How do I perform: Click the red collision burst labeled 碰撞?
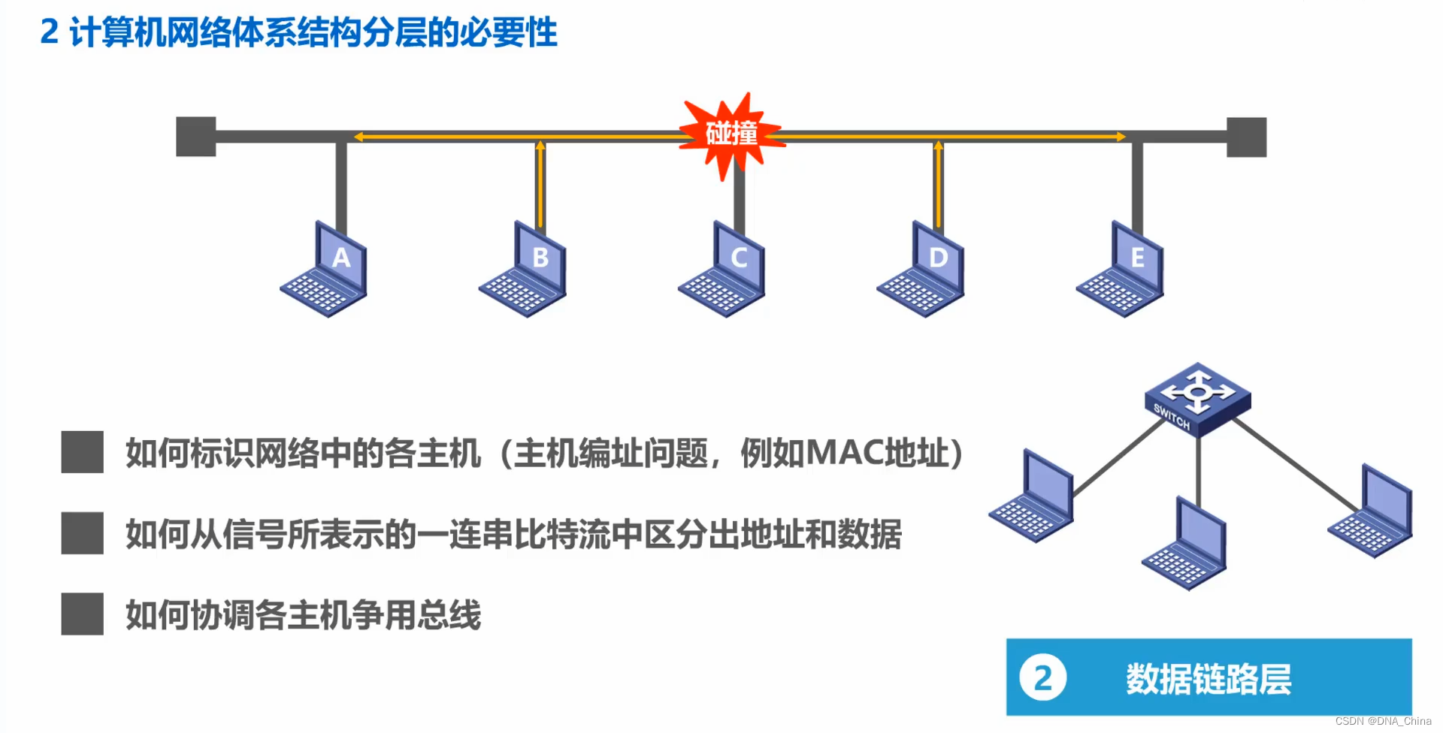[731, 135]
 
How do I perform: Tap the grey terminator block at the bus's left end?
[195, 137]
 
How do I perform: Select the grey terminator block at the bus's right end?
[1246, 137]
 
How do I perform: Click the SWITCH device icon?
[1197, 399]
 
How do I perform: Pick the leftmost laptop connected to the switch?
[1032, 497]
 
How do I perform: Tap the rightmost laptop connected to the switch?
[1372, 512]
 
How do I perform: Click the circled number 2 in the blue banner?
[1042, 677]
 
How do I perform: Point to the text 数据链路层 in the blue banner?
[1208, 679]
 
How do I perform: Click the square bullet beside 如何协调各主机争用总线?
[82, 614]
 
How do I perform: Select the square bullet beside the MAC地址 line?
[82, 452]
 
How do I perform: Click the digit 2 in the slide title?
[50, 32]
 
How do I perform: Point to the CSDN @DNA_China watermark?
[1383, 721]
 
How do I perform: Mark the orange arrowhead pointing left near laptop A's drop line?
[359, 137]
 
